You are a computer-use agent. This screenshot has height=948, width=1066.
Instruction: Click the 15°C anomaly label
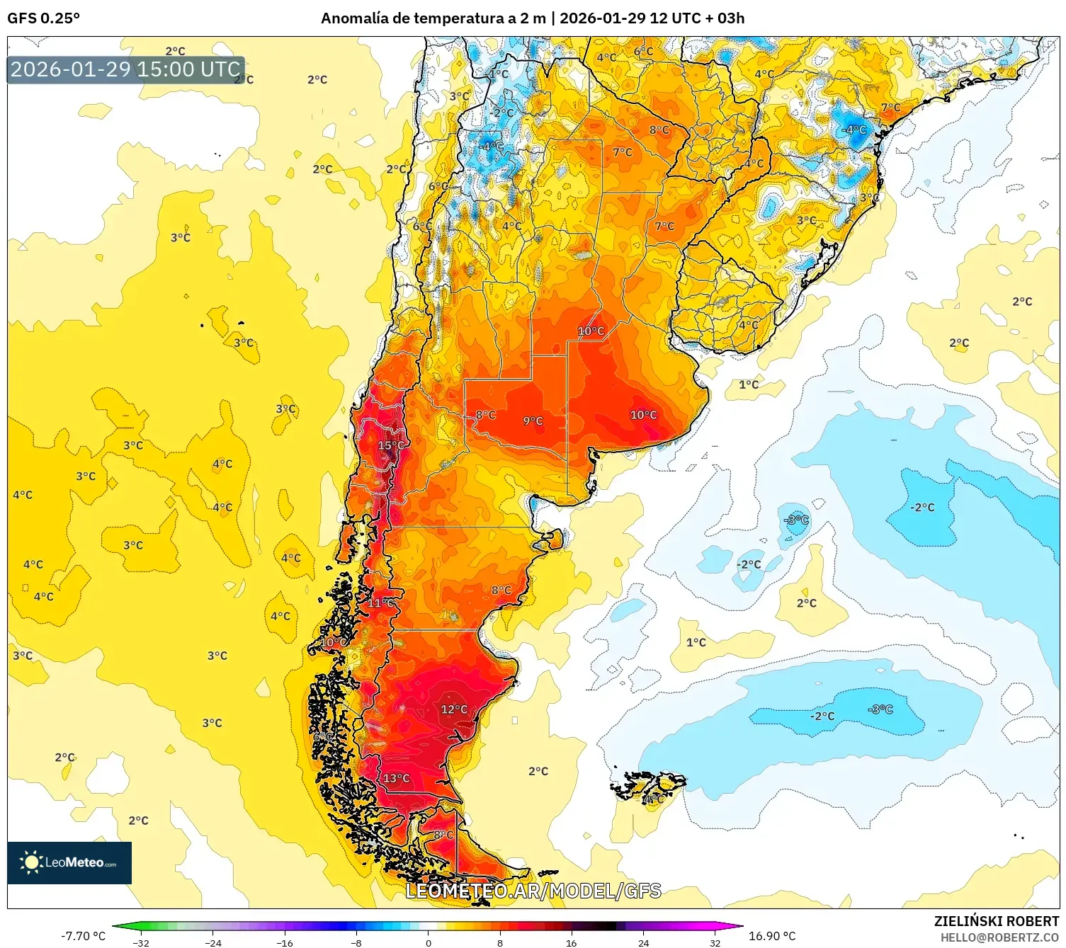pos(391,445)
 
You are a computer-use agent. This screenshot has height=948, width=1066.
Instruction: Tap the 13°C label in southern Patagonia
pos(396,778)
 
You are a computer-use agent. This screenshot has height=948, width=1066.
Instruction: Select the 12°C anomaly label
pos(454,709)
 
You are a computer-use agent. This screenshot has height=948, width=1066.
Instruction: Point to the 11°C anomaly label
pos(380,603)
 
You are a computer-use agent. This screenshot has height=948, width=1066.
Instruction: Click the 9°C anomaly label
pos(533,421)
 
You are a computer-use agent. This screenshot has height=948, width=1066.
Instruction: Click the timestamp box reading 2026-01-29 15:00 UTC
pos(125,69)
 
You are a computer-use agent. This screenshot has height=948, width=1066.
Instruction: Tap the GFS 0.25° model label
pos(43,18)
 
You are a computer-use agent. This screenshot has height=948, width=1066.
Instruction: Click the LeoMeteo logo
pos(69,862)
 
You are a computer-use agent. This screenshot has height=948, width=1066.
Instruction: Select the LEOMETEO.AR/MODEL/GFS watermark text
pos(533,891)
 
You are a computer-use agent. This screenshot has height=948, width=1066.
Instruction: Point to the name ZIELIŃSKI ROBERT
pos(996,921)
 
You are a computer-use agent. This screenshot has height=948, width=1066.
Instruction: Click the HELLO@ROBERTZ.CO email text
pos(999,937)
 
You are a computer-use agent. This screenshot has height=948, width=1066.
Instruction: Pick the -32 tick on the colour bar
pos(141,942)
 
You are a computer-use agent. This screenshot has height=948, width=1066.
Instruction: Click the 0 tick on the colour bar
pos(428,942)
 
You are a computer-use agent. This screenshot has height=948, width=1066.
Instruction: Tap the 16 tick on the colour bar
pos(571,942)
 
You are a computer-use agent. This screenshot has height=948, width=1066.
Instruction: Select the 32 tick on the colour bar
pos(715,942)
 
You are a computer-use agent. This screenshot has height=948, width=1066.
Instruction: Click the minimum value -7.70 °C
pos(83,936)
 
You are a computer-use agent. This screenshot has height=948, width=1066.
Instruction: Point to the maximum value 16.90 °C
pos(772,936)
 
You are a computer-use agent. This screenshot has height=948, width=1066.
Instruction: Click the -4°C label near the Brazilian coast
pos(854,130)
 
